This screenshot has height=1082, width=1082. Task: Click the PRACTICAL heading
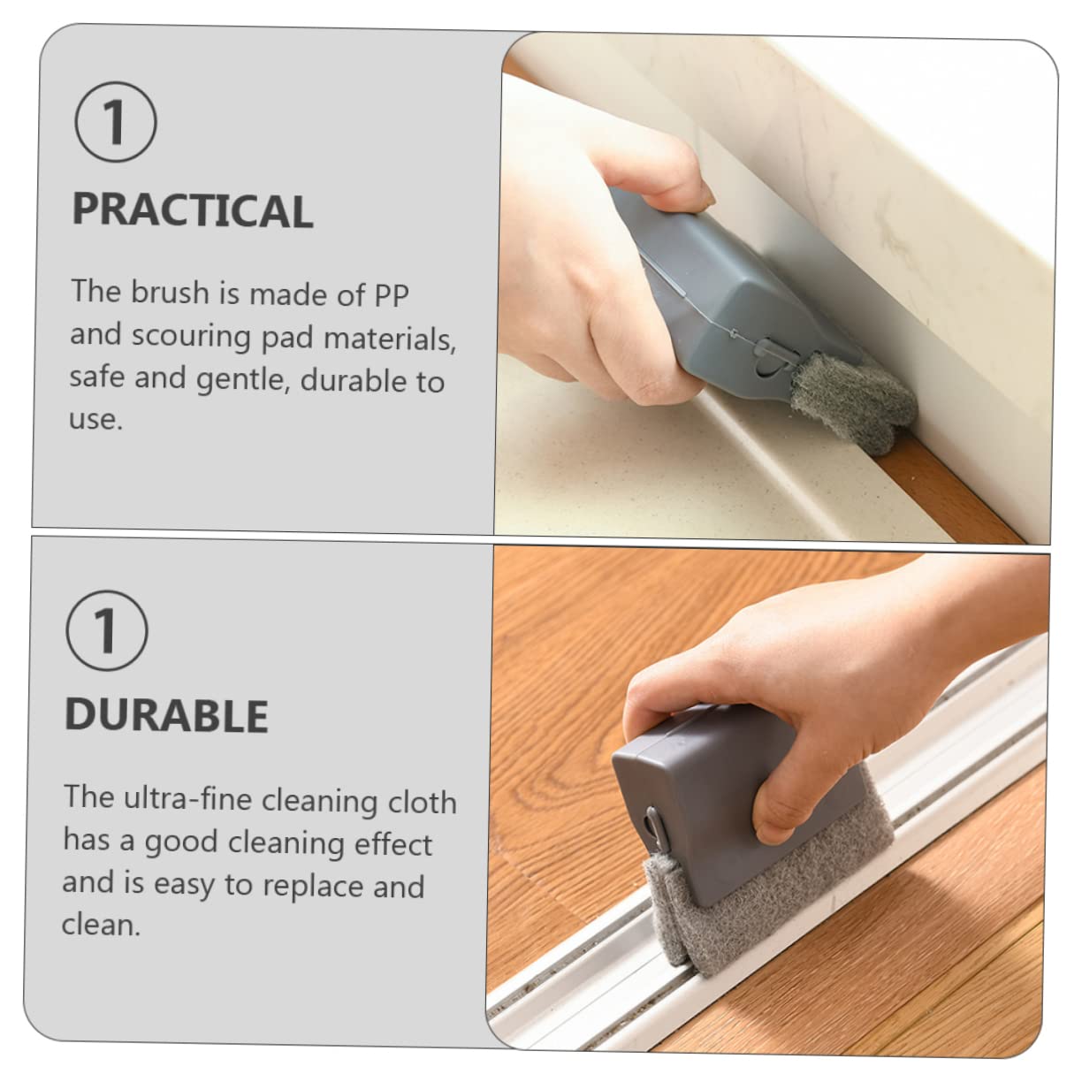(x=193, y=210)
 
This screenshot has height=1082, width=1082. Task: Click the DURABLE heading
(x=166, y=716)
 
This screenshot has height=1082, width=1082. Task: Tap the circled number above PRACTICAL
(x=116, y=122)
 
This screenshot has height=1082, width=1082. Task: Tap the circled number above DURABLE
(x=107, y=630)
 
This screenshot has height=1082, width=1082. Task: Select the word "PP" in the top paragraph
(x=392, y=295)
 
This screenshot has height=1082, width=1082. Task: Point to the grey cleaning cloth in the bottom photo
(x=778, y=919)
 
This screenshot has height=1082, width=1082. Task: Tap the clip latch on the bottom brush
(x=653, y=825)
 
